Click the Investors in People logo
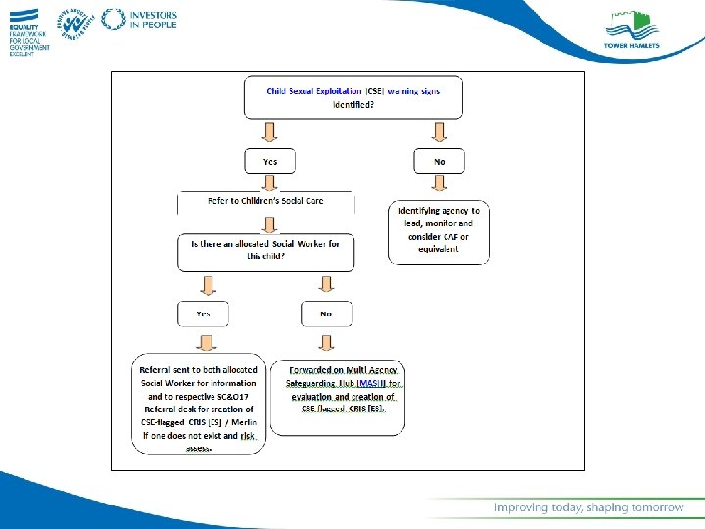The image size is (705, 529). click(x=140, y=20)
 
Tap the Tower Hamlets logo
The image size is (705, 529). click(x=632, y=30)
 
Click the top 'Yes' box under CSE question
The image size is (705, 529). click(x=269, y=161)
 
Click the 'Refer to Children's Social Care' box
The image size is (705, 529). click(x=265, y=202)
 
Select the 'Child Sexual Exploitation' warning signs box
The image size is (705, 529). click(x=352, y=97)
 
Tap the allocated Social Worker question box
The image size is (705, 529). click(x=265, y=251)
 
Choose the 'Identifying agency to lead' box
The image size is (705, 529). click(x=438, y=232)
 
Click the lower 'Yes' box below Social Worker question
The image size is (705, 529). click(x=203, y=313)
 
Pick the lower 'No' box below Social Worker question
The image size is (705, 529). click(x=325, y=313)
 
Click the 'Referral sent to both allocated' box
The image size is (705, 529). click(x=199, y=402)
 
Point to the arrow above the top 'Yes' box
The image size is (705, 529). click(x=269, y=131)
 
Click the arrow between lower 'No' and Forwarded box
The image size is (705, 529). click(x=325, y=340)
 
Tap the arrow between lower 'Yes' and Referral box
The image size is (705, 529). click(x=206, y=340)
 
